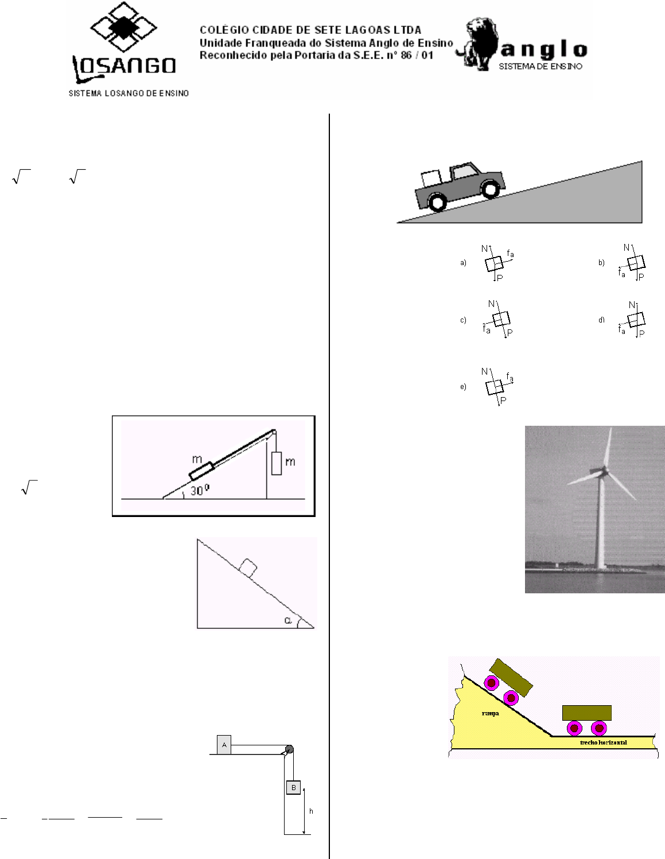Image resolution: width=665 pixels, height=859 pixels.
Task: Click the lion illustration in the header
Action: [476, 44]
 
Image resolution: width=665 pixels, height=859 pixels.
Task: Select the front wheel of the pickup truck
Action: [491, 189]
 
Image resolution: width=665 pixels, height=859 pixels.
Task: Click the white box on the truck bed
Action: [431, 178]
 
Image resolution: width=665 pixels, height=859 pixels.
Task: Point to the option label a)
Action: [463, 262]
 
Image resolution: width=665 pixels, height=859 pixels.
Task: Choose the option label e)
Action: [463, 387]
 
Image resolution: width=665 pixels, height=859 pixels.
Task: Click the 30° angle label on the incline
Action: [200, 490]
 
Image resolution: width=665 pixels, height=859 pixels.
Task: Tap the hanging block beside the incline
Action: [276, 463]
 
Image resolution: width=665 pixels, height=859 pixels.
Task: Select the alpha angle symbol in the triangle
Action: [288, 620]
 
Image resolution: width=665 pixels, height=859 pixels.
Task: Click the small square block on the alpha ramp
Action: [248, 569]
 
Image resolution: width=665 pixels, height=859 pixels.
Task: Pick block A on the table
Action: [224, 745]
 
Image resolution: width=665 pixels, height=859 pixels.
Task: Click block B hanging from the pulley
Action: [293, 787]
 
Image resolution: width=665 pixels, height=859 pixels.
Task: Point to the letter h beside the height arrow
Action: [311, 811]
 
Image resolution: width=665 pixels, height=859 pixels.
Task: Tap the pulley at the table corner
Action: [289, 749]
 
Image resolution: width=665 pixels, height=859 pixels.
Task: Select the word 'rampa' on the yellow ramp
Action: [491, 713]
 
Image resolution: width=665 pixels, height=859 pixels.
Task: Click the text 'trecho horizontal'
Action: [604, 743]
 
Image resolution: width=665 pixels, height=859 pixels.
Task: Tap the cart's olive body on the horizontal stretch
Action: [587, 713]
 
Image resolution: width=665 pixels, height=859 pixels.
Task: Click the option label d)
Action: [601, 320]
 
